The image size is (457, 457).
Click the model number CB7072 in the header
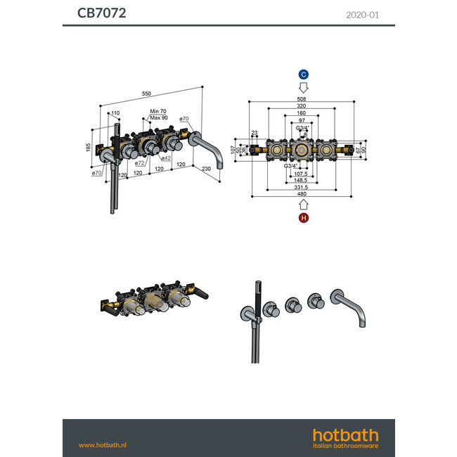[x=101, y=13]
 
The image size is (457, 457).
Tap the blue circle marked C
[x=304, y=75]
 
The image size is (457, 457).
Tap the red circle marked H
[x=304, y=219]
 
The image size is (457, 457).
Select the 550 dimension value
[x=147, y=94]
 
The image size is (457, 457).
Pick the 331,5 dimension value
[x=300, y=186]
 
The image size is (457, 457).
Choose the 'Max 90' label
[x=159, y=117]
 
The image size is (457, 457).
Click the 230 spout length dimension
[x=207, y=169]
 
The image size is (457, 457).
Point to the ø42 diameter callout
[x=165, y=158]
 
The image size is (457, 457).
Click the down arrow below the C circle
[x=304, y=88]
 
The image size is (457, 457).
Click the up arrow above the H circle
[x=304, y=205]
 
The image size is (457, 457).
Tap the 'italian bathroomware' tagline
[x=345, y=446]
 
